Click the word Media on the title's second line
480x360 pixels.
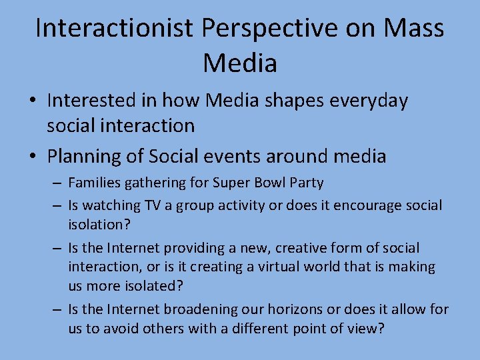coord(239,63)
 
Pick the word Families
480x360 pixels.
coord(95,183)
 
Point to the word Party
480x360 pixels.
coord(307,183)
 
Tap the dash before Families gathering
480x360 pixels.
coord(57,183)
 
